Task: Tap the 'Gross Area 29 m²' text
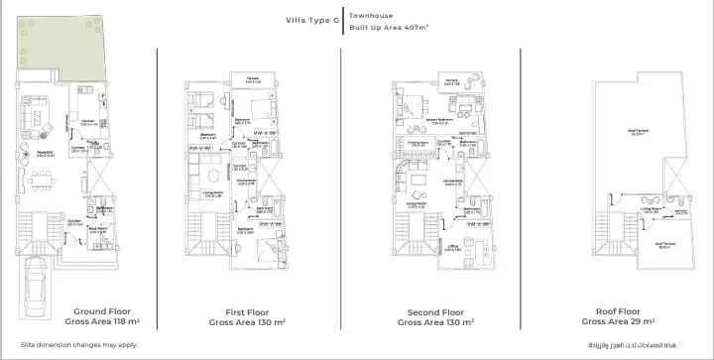pos(620,322)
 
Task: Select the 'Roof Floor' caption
pos(620,310)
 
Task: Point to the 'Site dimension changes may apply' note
pos(75,344)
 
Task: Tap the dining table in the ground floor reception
pos(41,182)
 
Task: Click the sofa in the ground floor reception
pos(40,120)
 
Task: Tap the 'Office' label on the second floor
pos(450,247)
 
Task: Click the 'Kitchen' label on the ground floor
pos(88,121)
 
